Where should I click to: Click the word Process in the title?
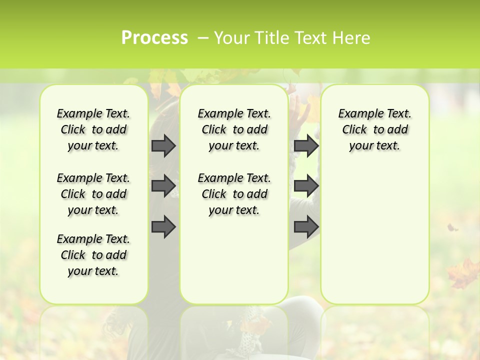[154, 38]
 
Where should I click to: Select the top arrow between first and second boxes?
[163, 145]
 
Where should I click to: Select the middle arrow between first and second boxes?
[163, 186]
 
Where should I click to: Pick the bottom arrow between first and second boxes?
[163, 226]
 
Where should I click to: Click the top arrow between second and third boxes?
[306, 145]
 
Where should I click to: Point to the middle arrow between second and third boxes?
[306, 186]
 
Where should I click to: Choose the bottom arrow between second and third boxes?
[306, 226]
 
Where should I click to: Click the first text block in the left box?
[93, 129]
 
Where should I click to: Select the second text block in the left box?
[93, 194]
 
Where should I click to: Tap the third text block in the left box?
[93, 255]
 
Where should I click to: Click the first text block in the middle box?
[234, 129]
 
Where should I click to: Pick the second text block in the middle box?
[234, 194]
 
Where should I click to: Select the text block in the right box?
[375, 129]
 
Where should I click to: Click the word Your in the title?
[233, 38]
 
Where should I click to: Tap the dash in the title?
[203, 38]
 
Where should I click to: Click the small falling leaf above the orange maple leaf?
[452, 228]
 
